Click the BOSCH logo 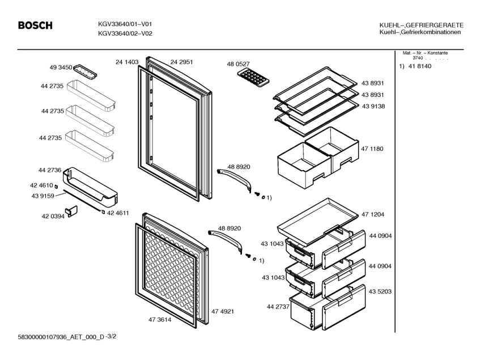tap(35, 26)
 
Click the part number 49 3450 tap(61, 67)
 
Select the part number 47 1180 tap(372, 149)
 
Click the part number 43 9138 tap(373, 107)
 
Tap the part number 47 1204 tap(373, 215)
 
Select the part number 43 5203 tap(373, 291)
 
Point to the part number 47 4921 tap(223, 311)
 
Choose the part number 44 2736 tap(50, 170)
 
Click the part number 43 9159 tap(50, 196)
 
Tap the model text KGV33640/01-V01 tap(125, 24)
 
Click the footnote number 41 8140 tap(420, 67)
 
